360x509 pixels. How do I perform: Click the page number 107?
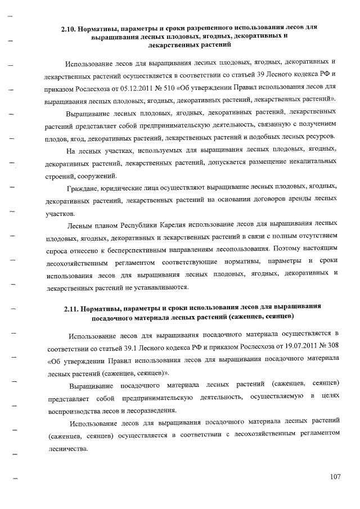point(336,477)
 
